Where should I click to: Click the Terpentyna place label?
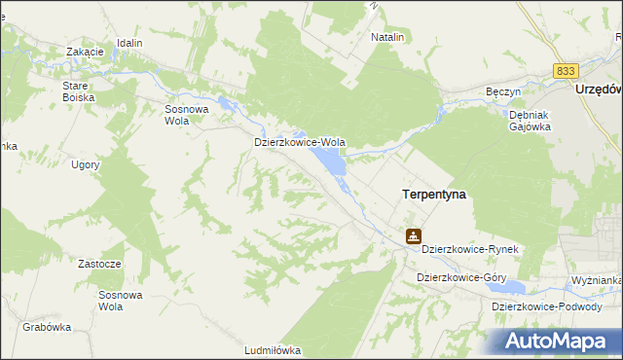tap(434, 195)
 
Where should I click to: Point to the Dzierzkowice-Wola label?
tap(299, 142)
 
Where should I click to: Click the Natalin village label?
tap(387, 37)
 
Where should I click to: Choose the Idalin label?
tap(129, 44)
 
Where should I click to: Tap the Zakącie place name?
tap(85, 52)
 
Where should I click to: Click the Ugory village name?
tap(86, 165)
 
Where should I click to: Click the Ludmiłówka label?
tap(274, 349)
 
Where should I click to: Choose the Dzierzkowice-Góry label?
tap(461, 277)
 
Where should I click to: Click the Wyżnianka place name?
tap(597, 280)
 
